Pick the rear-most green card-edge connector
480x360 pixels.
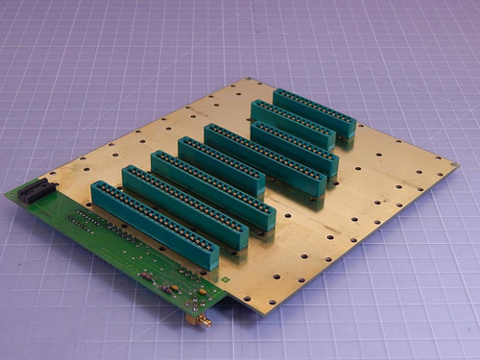[x=314, y=110]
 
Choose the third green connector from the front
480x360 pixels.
[x=213, y=187]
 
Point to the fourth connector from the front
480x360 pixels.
[x=221, y=164]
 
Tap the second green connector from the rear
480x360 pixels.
[x=294, y=122]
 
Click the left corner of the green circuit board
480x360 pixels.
[x=8, y=196]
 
